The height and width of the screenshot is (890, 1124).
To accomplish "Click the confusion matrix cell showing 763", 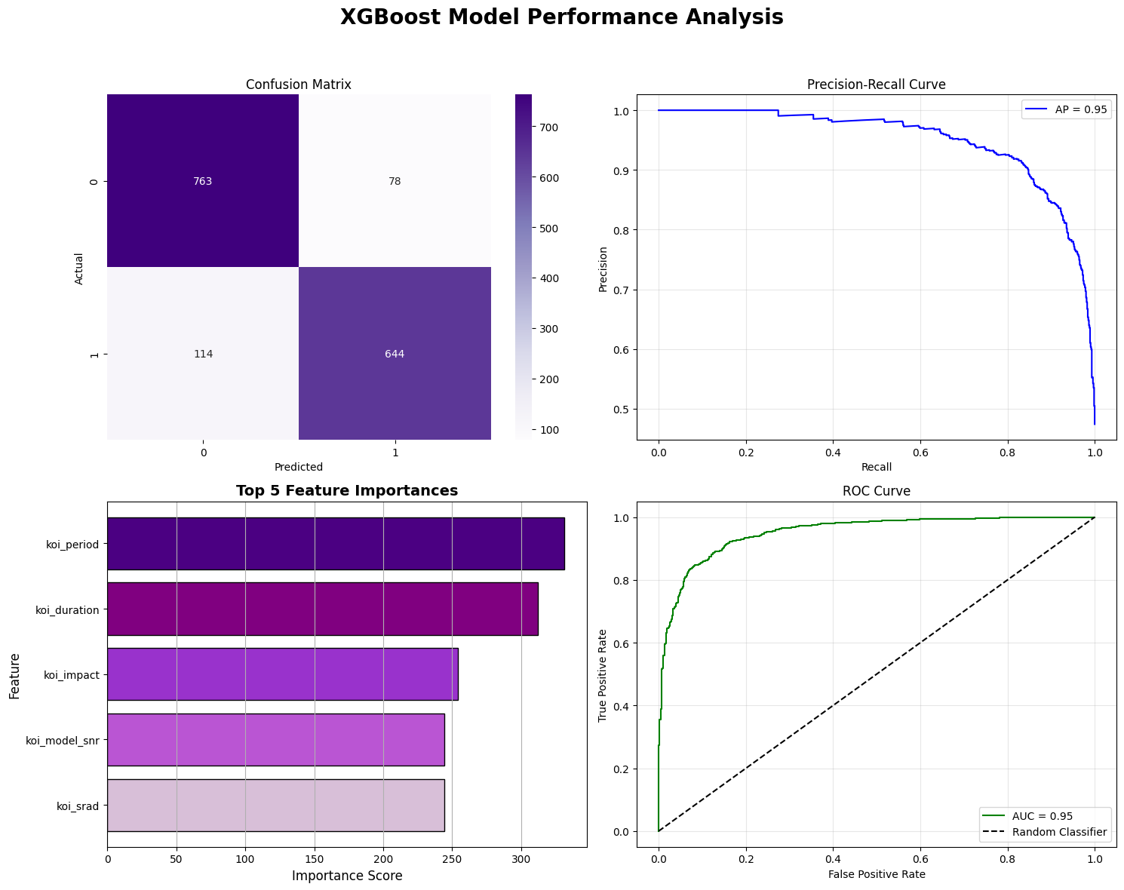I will (202, 182).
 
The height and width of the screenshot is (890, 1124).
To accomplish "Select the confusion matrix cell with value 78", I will (395, 182).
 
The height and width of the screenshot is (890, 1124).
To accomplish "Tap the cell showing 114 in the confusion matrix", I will (202, 354).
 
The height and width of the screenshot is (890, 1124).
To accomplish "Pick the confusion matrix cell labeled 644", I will (395, 354).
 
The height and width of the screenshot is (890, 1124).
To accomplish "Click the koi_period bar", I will (336, 544).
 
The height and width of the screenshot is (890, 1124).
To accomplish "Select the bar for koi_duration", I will (322, 609).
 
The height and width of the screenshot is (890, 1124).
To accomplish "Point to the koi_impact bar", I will (282, 674).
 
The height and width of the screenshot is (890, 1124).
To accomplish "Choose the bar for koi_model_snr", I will (275, 740).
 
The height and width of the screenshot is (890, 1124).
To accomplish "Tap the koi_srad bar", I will (275, 805).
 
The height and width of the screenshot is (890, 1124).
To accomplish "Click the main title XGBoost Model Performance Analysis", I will (561, 17).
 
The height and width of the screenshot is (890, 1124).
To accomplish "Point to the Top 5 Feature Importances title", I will (346, 491).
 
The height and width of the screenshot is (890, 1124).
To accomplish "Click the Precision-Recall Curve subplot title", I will (876, 84).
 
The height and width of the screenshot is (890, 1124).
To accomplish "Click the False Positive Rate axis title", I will (876, 874).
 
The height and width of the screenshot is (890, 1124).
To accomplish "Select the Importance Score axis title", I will (346, 876).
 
